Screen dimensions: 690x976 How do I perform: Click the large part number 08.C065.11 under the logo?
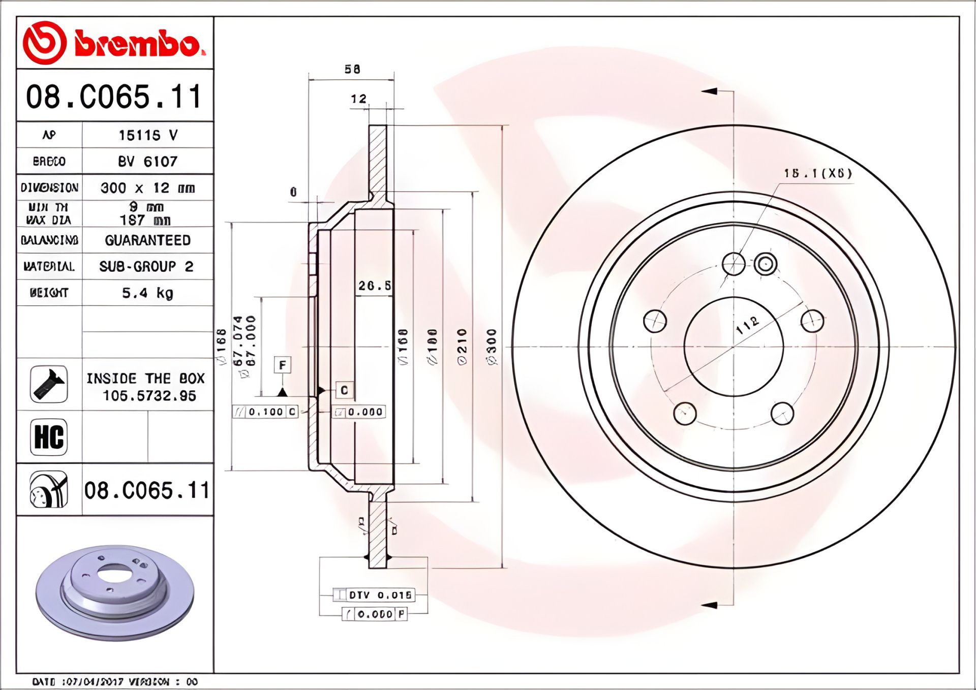tap(114, 97)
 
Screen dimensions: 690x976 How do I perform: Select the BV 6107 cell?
tap(147, 162)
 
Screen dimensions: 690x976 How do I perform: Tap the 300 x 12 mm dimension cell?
tap(147, 188)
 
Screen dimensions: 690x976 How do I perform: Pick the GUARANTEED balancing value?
tap(147, 240)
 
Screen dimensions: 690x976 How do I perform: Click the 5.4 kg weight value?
tap(147, 293)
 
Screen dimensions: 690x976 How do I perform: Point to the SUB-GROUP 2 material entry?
tap(146, 266)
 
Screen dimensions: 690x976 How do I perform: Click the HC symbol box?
tap(49, 437)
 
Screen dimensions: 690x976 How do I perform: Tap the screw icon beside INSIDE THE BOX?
tap(49, 385)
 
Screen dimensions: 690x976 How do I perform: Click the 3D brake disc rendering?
tap(115, 592)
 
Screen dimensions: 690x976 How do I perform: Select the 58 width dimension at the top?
tap(352, 69)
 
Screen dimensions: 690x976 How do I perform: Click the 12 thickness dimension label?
tap(358, 99)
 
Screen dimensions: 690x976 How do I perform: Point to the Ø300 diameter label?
tap(492, 347)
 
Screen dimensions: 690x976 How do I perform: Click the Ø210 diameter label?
tap(462, 347)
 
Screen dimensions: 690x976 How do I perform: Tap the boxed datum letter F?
tap(283, 365)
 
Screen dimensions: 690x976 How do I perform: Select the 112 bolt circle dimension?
tap(747, 325)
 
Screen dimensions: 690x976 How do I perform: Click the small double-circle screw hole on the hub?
tap(765, 264)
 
